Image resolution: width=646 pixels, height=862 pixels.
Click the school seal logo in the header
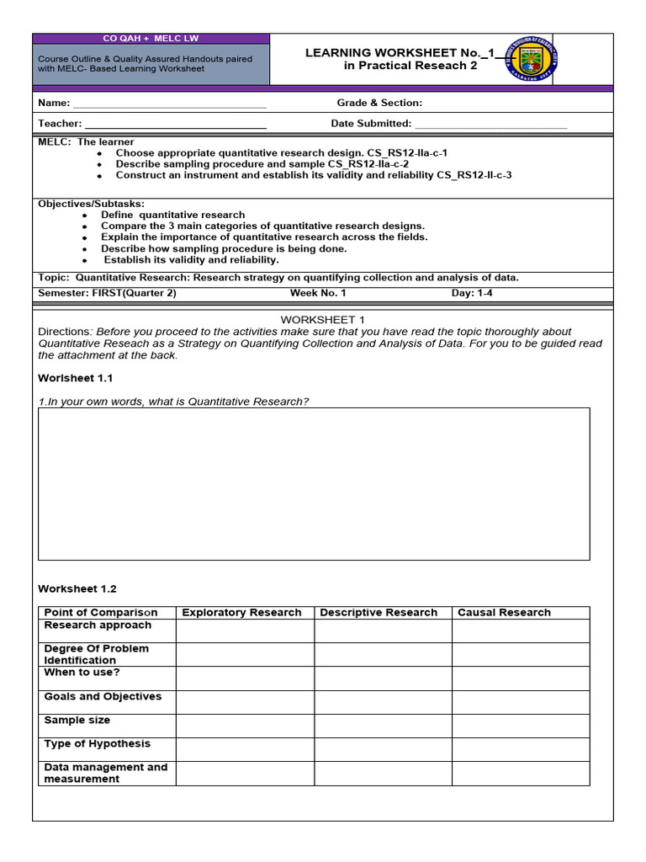533,59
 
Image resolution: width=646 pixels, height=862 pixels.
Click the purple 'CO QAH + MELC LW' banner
151,39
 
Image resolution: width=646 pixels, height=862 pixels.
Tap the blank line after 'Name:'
170,106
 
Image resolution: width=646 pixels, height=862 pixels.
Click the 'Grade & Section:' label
379,103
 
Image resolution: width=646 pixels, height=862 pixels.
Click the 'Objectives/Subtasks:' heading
92,204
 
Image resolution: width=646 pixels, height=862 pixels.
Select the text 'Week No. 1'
317,293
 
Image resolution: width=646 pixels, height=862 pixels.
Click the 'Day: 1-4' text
473,293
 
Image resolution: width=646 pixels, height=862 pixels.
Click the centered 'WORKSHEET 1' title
323,320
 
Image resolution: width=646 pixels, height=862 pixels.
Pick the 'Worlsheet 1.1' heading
76,378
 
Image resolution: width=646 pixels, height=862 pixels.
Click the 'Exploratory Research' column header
241,613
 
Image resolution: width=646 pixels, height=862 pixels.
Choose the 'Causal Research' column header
504,613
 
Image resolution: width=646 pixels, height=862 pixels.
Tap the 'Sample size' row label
77,721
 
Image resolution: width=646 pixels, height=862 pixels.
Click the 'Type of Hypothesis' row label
98,744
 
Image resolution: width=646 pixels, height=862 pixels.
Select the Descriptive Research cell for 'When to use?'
383,678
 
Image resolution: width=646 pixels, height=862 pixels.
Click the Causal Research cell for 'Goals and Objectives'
520,702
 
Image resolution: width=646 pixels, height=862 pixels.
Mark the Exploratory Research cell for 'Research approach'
245,631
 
